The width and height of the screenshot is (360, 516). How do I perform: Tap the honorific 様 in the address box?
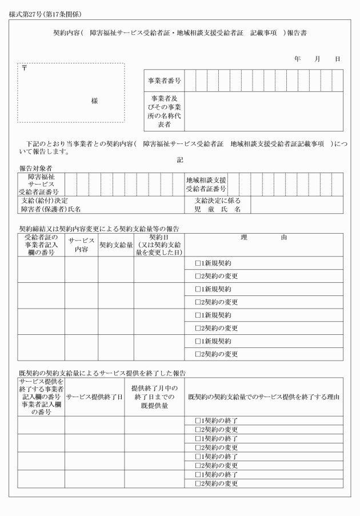point(94,101)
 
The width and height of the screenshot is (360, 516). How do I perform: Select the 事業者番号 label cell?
point(164,81)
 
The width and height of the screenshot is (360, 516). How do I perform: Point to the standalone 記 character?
point(180,159)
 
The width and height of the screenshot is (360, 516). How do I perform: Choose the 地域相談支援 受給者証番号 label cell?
point(206,184)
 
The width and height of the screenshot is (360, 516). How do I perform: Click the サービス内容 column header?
point(81,245)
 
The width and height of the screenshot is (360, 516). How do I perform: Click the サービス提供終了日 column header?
point(94,397)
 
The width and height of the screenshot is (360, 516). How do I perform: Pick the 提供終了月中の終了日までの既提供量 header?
point(154,397)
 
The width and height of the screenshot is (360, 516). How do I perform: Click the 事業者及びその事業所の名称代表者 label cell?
point(164,111)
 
